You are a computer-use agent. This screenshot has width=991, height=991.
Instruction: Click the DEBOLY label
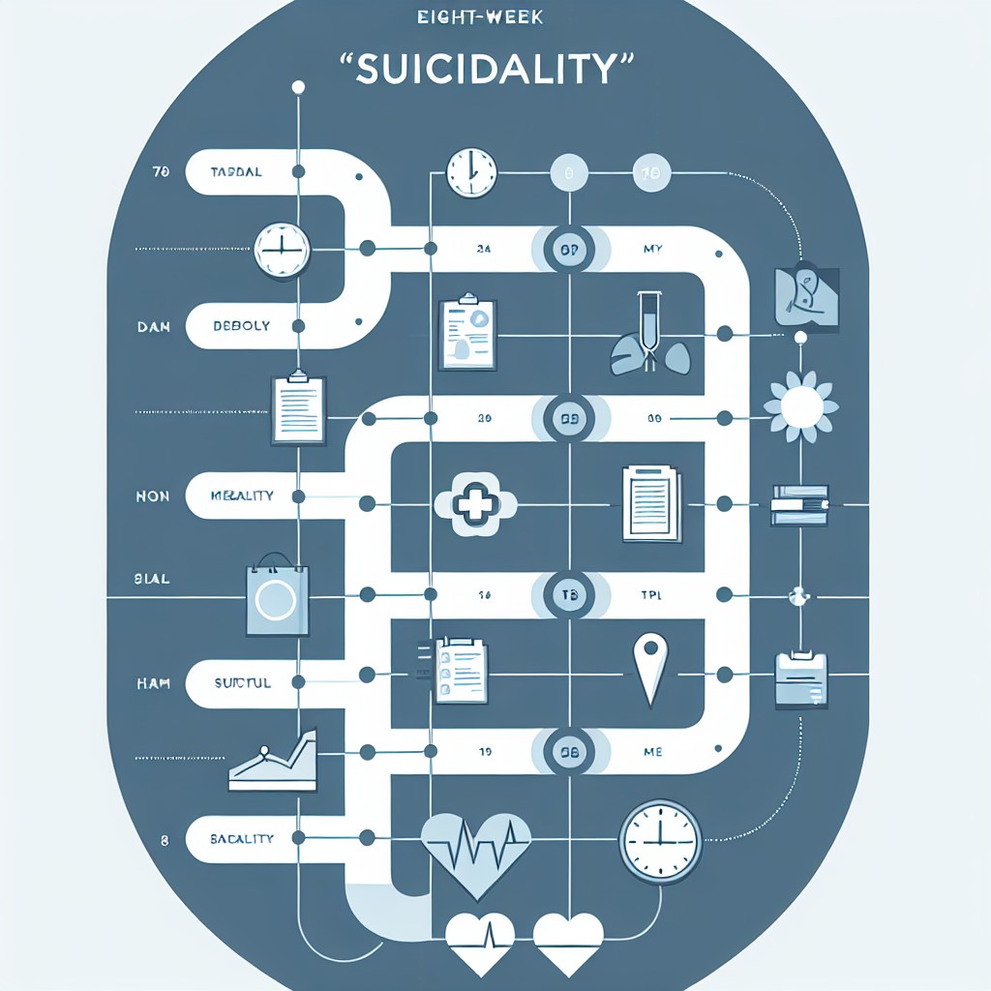(242, 326)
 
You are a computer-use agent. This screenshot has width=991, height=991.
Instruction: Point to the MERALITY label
(242, 495)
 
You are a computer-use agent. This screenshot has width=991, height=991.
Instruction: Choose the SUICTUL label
(242, 682)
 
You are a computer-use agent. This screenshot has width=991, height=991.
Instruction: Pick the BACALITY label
(242, 838)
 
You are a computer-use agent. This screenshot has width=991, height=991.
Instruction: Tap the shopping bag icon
(278, 599)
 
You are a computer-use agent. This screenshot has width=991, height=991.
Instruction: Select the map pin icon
(646, 668)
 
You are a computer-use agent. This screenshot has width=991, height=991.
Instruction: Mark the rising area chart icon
(274, 757)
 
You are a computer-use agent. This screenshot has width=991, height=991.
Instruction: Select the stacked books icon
(799, 504)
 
